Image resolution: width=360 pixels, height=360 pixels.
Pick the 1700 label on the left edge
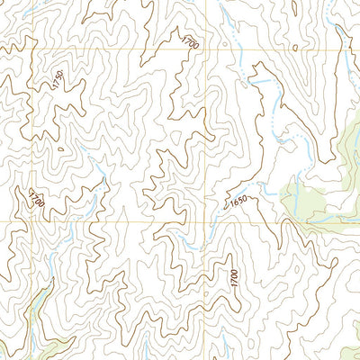[36, 199]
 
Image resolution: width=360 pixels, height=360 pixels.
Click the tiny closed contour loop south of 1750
[59, 148]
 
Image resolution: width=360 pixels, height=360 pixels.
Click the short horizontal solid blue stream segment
[262, 82]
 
